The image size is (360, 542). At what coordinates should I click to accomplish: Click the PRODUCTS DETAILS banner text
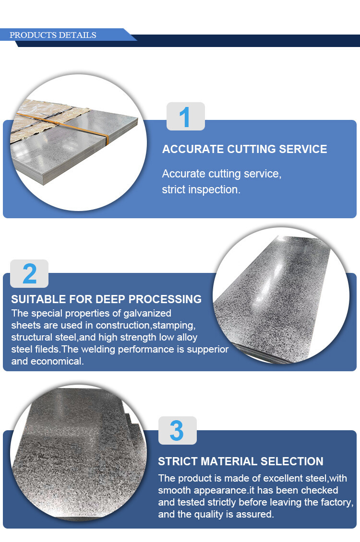click(53, 35)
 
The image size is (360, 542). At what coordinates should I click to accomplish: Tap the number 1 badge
click(186, 117)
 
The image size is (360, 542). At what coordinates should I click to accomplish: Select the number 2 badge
click(29, 273)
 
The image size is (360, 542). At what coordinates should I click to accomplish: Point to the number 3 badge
click(178, 430)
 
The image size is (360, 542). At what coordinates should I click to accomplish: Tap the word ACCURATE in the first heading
click(193, 149)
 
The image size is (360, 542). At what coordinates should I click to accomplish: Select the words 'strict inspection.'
click(201, 189)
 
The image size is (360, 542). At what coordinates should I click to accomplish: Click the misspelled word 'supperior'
click(208, 350)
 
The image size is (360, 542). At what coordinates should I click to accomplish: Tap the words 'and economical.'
click(48, 361)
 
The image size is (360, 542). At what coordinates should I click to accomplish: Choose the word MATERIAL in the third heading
click(229, 461)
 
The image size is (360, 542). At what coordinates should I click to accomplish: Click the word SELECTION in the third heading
click(292, 461)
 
